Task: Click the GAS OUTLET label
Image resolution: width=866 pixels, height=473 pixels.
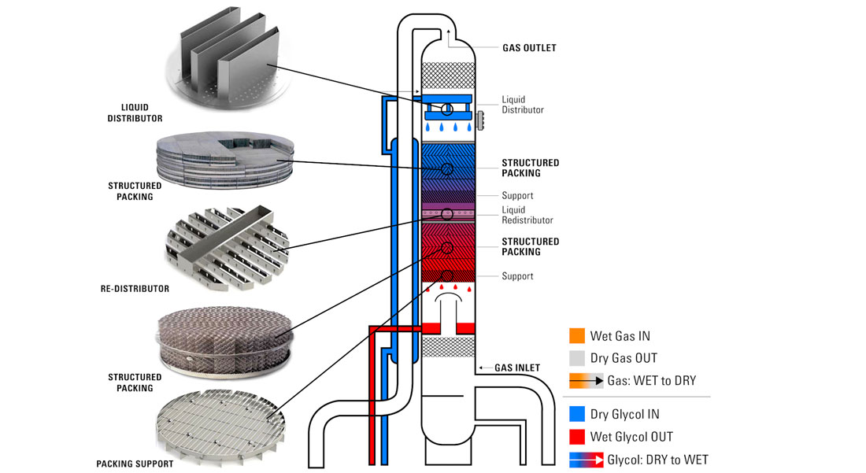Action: [529, 48]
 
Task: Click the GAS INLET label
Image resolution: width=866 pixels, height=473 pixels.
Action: [516, 368]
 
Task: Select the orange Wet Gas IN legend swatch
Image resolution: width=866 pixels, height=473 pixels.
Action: [577, 336]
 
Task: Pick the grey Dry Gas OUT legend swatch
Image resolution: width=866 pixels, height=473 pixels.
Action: [577, 358]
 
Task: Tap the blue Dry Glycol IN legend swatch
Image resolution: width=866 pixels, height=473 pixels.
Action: [577, 414]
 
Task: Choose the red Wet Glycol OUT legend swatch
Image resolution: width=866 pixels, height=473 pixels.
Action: [577, 437]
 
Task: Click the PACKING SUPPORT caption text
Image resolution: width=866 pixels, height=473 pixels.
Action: [135, 464]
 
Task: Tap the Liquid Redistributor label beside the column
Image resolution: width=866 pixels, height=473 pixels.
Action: [527, 215]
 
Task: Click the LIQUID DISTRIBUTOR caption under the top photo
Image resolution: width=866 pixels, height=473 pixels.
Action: [135, 113]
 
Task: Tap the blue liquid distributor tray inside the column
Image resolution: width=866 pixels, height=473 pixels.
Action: [447, 110]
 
